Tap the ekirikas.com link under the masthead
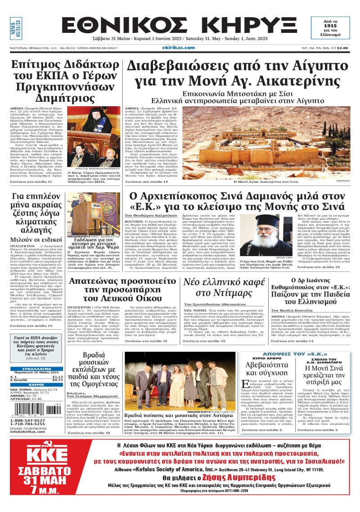tap(179, 47)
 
